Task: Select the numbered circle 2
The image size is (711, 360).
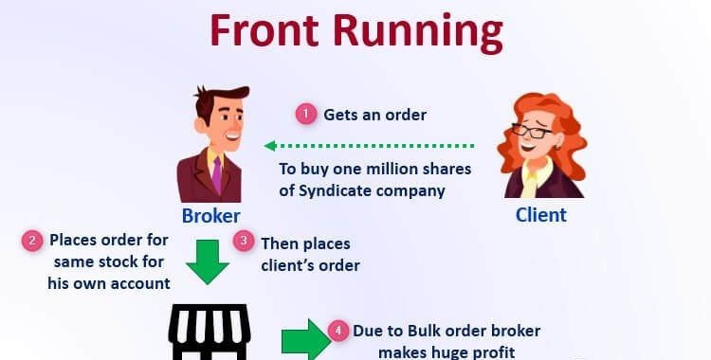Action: (33, 241)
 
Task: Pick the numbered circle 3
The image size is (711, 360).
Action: (245, 242)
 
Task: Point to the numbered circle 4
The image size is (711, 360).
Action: (337, 331)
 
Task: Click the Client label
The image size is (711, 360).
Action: (540, 214)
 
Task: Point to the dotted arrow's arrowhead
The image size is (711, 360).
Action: (269, 146)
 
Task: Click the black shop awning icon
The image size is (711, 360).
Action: (208, 333)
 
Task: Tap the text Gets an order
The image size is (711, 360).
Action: (374, 115)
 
